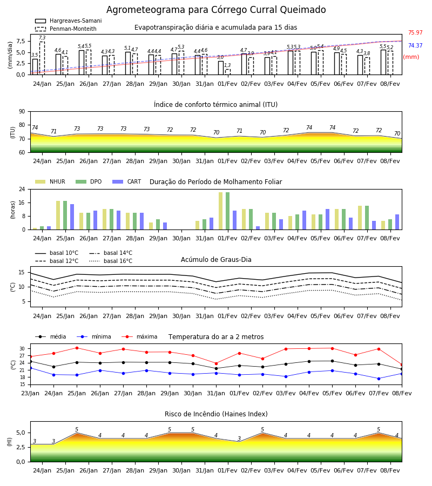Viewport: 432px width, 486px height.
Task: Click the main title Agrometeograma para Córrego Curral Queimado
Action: coord(216,10)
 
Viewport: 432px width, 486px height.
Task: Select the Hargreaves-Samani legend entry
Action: coord(69,21)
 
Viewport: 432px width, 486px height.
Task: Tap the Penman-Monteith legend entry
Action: coord(66,29)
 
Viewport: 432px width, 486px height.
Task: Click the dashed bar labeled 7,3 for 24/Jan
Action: coord(42,58)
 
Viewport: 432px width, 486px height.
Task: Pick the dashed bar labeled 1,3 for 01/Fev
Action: coord(228,72)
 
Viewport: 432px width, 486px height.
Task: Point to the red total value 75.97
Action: coord(415,32)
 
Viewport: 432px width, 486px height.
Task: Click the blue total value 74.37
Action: coord(415,45)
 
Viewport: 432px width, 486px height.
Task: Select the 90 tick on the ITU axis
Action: coord(22,112)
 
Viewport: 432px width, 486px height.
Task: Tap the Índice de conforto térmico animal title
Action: coord(215,104)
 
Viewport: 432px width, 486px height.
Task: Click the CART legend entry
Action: coord(127,181)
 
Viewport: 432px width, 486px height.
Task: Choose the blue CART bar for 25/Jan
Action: coord(72,217)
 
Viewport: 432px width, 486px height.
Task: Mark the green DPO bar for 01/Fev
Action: coord(228,211)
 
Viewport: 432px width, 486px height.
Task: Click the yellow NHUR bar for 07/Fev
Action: coord(360,218)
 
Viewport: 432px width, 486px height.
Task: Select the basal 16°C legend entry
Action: coord(111,261)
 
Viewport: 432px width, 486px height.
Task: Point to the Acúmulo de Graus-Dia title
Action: coord(216,259)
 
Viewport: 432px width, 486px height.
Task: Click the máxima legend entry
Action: coord(140,336)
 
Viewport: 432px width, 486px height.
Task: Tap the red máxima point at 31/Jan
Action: coord(217,363)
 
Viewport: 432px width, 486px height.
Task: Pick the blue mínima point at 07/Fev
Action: coord(379,379)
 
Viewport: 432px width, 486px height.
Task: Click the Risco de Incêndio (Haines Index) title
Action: coord(216,414)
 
